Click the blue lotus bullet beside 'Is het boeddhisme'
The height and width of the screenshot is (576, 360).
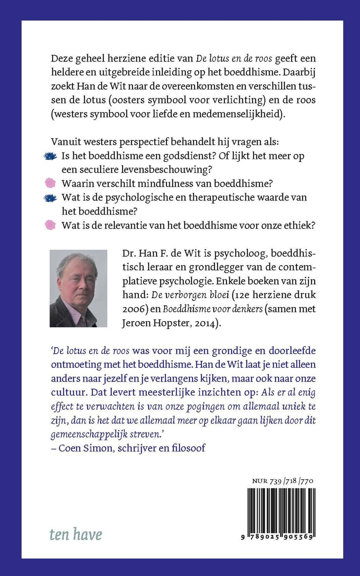click(50, 156)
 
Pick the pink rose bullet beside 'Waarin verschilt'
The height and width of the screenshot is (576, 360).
click(50, 183)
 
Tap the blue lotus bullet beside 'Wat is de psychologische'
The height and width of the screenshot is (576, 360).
click(50, 198)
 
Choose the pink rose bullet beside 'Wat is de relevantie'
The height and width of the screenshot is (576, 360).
click(50, 225)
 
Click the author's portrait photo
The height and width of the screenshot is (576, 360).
click(78, 288)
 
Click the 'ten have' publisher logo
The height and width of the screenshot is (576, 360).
click(76, 534)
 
